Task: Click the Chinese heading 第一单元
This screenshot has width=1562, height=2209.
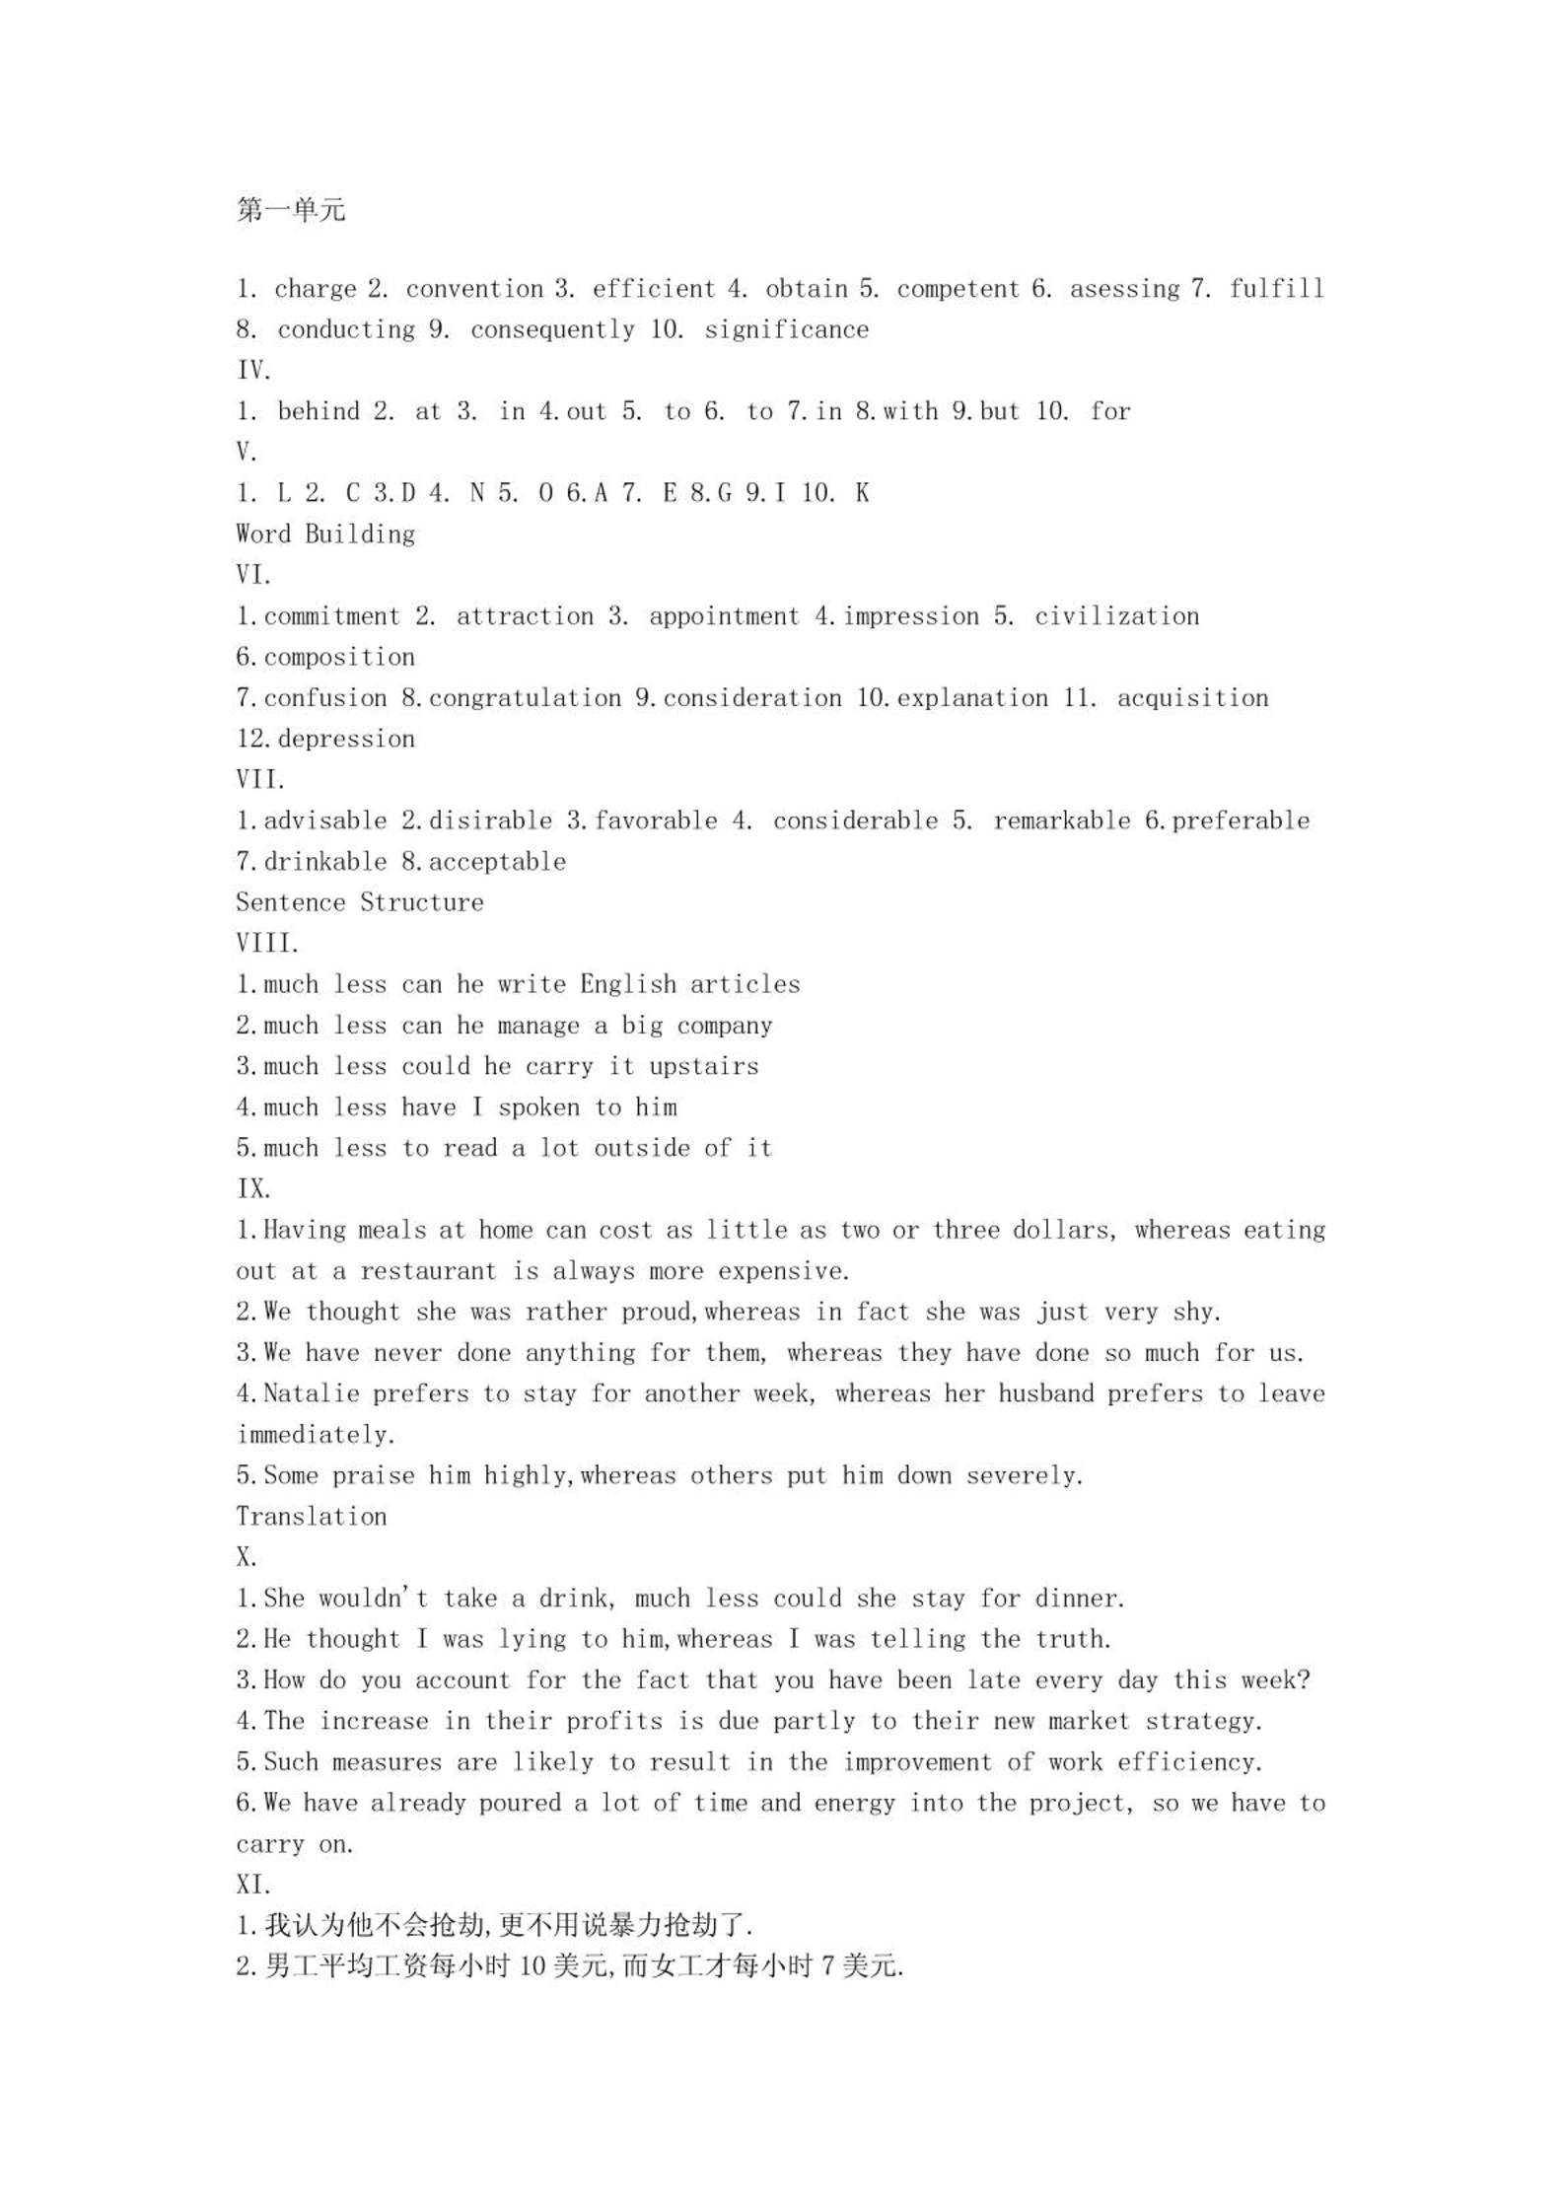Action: pyautogui.click(x=291, y=210)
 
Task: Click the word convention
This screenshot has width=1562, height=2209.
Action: pyautogui.click(x=474, y=289)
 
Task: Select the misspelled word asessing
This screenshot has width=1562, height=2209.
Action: pyautogui.click(x=1125, y=289)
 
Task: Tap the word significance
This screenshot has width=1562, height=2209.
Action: pyautogui.click(x=786, y=329)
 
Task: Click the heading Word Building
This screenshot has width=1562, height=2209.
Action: pyautogui.click(x=325, y=534)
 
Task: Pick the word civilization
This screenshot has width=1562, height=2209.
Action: pyautogui.click(x=1116, y=616)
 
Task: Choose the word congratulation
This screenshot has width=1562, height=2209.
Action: pyautogui.click(x=525, y=698)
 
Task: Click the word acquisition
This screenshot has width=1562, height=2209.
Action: pyautogui.click(x=1192, y=698)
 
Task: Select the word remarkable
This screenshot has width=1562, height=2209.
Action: pyautogui.click(x=1061, y=820)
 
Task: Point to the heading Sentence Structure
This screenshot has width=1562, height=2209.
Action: pyautogui.click(x=360, y=902)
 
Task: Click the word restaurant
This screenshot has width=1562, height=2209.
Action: pyautogui.click(x=428, y=1271)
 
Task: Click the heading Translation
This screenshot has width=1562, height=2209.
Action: pyautogui.click(x=312, y=1517)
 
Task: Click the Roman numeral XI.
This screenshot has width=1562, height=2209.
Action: pyautogui.click(x=253, y=1885)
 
